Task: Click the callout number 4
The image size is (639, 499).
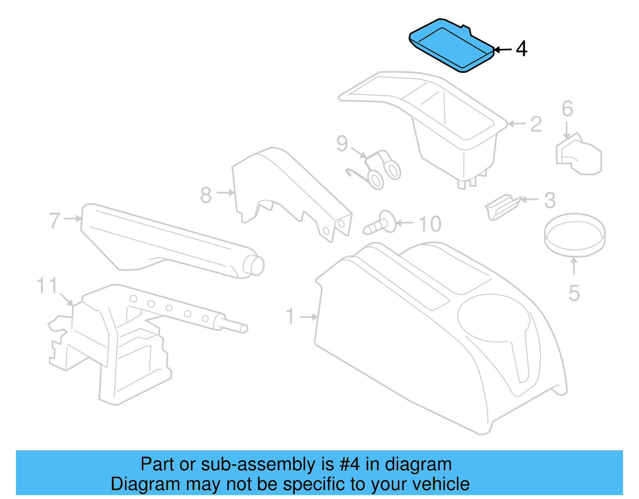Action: click(x=521, y=49)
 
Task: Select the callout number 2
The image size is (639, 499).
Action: click(x=536, y=124)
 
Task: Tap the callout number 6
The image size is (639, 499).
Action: click(x=567, y=109)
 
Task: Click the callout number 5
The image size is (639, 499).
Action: click(x=574, y=293)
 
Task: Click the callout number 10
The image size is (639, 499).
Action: click(x=430, y=224)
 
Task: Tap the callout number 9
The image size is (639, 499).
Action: click(x=342, y=143)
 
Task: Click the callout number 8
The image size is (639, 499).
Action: click(x=206, y=195)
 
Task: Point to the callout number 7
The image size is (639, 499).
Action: click(x=54, y=221)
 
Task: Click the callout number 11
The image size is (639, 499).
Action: click(x=47, y=286)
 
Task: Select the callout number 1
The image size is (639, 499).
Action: click(x=290, y=316)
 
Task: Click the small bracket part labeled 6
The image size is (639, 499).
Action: click(x=579, y=156)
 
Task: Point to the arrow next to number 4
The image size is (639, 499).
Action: click(x=503, y=50)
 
